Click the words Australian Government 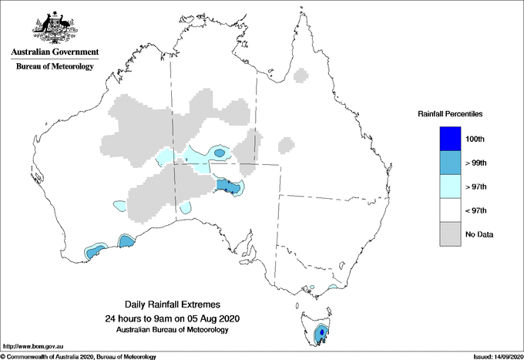tap(54, 52)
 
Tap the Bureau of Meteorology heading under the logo tap(54, 67)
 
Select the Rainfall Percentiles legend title tap(450, 114)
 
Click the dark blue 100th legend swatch tap(449, 139)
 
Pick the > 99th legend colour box tap(449, 163)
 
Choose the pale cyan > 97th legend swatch tap(449, 187)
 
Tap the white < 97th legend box tap(449, 210)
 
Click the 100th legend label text tap(476, 139)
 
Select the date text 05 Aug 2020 tap(217, 318)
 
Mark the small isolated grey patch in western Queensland tap(286, 144)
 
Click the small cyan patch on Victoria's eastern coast tap(332, 288)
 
